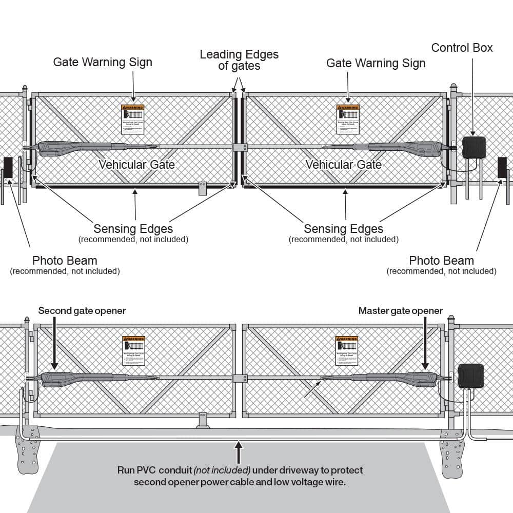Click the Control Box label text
(x=462, y=48)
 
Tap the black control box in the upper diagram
(x=473, y=147)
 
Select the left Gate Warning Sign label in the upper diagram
(x=103, y=62)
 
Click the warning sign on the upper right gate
(x=348, y=119)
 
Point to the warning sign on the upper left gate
(x=132, y=119)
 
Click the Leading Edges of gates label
(x=239, y=60)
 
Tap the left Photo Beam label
(x=65, y=261)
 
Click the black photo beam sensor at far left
(x=8, y=168)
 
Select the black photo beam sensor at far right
(x=502, y=168)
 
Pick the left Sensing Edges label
(x=133, y=229)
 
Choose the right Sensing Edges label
(x=343, y=229)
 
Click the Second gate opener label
(x=82, y=310)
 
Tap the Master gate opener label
(x=401, y=310)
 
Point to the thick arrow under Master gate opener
(x=425, y=343)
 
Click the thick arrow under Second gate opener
(x=54, y=343)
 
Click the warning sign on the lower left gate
(x=133, y=350)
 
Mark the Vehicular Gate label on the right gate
(x=343, y=165)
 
